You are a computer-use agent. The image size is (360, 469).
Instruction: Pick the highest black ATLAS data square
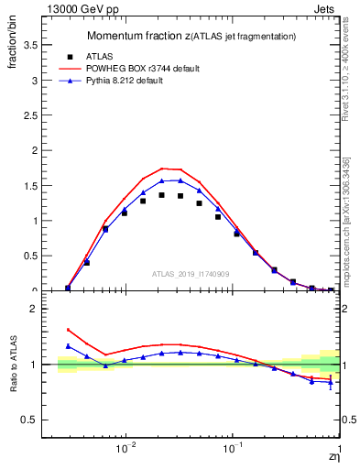click(x=162, y=195)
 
